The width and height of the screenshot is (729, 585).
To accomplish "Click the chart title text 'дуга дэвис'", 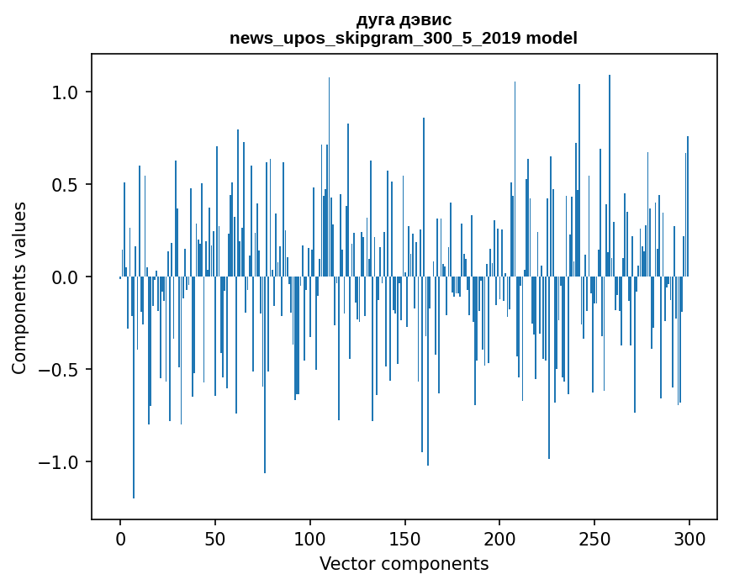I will click(x=404, y=20).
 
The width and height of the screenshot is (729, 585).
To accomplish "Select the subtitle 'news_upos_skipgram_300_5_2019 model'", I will click(x=404, y=38).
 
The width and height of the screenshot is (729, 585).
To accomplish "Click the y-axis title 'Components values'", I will click(x=19, y=287).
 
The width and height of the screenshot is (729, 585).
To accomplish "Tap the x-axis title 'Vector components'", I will click(x=404, y=564).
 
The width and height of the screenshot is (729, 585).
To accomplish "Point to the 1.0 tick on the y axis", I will click(x=66, y=92).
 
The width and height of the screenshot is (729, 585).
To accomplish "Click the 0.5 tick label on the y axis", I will click(x=66, y=184).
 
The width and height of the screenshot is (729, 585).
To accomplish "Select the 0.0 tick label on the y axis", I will click(x=66, y=277).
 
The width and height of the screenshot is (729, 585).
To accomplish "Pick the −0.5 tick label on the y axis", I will click(x=61, y=370).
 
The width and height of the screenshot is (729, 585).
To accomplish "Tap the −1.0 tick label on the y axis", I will click(x=61, y=462).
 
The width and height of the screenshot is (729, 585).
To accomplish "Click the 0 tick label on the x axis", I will click(x=120, y=538).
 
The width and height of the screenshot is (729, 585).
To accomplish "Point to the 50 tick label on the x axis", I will click(x=215, y=538).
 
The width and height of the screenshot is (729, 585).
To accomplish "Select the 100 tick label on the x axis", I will click(x=310, y=538).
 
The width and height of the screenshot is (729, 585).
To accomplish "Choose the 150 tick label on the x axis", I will click(x=404, y=538).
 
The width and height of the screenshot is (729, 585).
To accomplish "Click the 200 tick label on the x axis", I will click(x=499, y=538).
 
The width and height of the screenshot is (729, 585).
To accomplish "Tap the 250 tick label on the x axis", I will click(x=594, y=538).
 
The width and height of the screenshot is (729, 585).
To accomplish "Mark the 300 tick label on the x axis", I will click(x=689, y=538).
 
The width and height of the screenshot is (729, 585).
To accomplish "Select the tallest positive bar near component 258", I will click(x=610, y=168).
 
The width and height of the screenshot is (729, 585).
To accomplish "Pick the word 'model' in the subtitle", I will click(x=554, y=38).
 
